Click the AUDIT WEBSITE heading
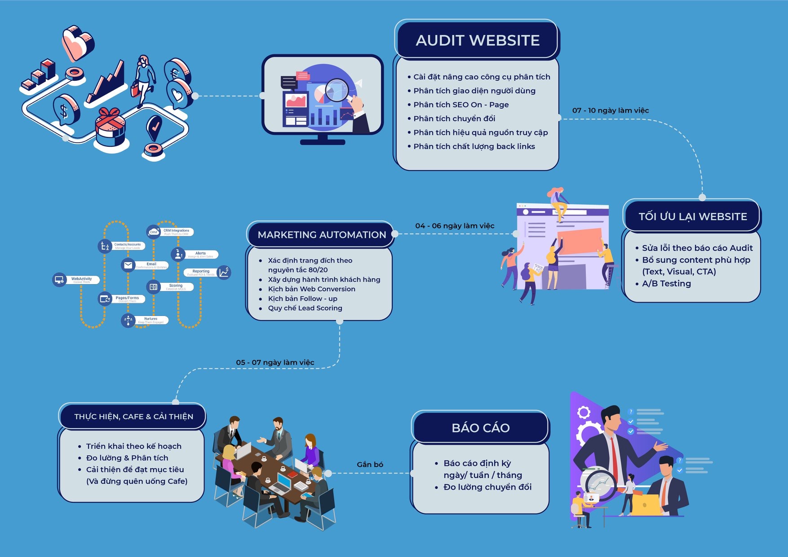[x=477, y=40]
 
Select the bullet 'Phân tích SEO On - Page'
[x=461, y=105]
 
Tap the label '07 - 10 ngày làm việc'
[x=610, y=110]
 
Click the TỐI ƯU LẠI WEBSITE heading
[x=692, y=216]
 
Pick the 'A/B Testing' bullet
[x=666, y=284]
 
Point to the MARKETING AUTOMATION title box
[x=322, y=235]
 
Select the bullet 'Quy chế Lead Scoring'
[x=305, y=308]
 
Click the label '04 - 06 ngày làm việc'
[x=454, y=226]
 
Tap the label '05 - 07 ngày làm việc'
[x=275, y=362]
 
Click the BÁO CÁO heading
[x=480, y=428]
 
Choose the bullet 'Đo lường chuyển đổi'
[x=487, y=487]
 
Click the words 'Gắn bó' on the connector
[x=370, y=465]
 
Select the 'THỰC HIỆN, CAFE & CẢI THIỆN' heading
[x=133, y=417]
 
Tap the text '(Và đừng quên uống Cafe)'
[x=137, y=481]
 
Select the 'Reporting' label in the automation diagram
[x=201, y=272]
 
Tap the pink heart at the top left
[x=77, y=42]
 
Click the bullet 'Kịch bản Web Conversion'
[x=311, y=289]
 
